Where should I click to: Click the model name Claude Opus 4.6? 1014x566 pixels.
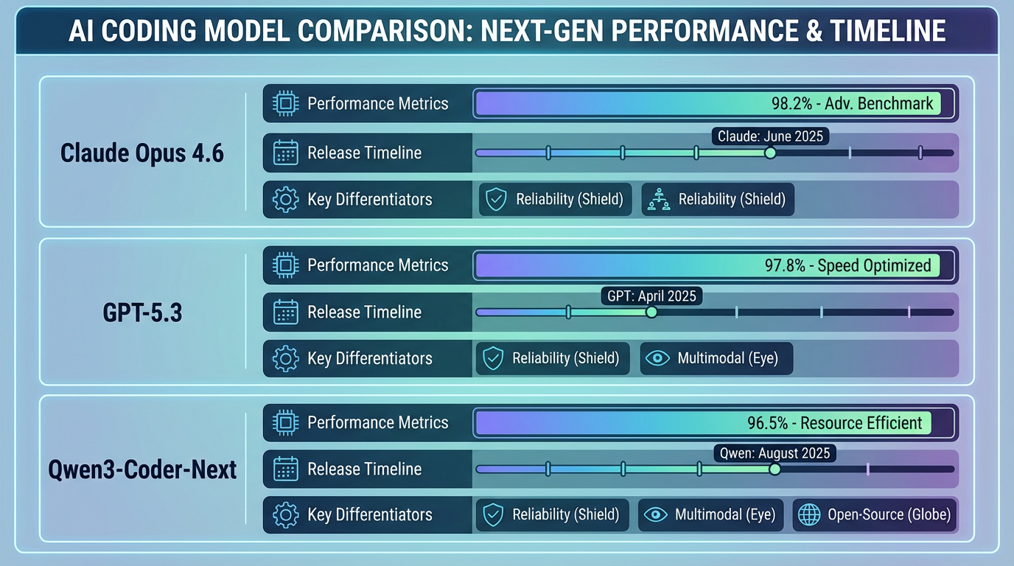pyautogui.click(x=141, y=153)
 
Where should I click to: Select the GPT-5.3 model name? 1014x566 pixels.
pyautogui.click(x=141, y=312)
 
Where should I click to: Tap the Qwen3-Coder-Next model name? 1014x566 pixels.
pyautogui.click(x=141, y=469)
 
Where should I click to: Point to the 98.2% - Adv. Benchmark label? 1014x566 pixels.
pyautogui.click(x=852, y=103)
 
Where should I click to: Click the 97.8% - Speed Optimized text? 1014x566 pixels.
pyautogui.click(x=847, y=265)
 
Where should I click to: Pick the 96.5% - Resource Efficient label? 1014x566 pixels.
pyautogui.click(x=834, y=423)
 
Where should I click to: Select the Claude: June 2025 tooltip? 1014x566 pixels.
pyautogui.click(x=770, y=136)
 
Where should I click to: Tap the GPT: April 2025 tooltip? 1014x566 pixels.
pyautogui.click(x=651, y=296)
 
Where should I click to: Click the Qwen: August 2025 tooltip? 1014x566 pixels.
pyautogui.click(x=774, y=453)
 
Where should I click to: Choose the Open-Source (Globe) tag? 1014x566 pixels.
pyautogui.click(x=875, y=514)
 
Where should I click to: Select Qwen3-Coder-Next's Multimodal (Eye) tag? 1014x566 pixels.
pyautogui.click(x=709, y=514)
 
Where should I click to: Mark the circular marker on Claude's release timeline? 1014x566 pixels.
pyautogui.click(x=770, y=153)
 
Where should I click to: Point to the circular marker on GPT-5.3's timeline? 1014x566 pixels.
pyautogui.click(x=651, y=312)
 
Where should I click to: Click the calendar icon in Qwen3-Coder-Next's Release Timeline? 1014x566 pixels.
pyautogui.click(x=285, y=469)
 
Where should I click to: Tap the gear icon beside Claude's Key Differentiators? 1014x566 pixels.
pyautogui.click(x=285, y=200)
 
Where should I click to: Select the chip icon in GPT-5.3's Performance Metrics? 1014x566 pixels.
pyautogui.click(x=285, y=265)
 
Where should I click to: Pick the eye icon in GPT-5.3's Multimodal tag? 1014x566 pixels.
pyautogui.click(x=657, y=358)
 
